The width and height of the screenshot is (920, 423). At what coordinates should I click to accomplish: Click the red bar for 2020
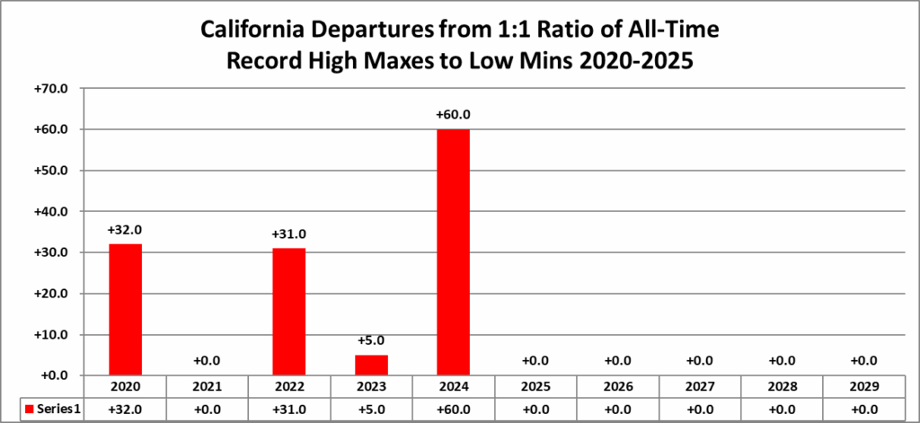click(125, 309)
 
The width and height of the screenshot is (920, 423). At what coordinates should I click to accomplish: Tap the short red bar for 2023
click(371, 364)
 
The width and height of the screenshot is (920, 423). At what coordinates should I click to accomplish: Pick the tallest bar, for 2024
click(453, 251)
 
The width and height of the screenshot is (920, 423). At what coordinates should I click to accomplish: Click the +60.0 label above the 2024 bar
click(453, 115)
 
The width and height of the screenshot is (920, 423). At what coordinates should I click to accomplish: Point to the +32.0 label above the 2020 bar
click(125, 230)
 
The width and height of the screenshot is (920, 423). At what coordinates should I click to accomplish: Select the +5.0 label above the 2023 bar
click(371, 341)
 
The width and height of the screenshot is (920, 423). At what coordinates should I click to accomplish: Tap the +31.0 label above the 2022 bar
click(289, 234)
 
